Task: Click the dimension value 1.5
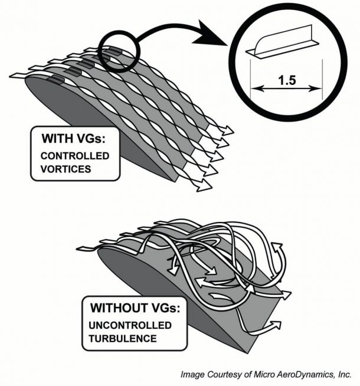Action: point(286,79)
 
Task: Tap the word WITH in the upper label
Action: point(57,140)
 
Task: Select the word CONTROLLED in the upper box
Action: point(74,156)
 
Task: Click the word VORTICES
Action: point(65,168)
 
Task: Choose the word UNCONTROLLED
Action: point(130,325)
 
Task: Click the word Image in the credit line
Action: point(191,374)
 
